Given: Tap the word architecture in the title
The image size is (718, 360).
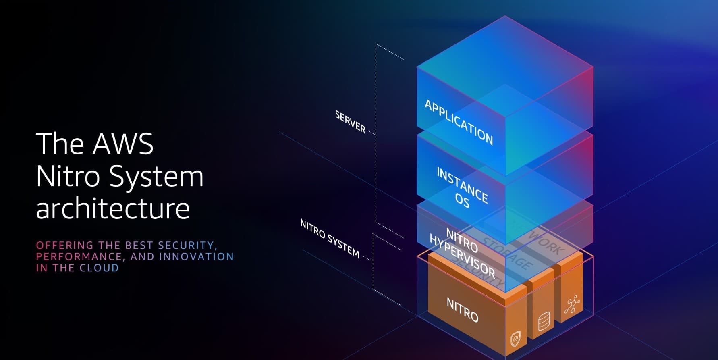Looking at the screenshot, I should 112,208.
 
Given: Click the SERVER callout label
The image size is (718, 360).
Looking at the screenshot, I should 350,122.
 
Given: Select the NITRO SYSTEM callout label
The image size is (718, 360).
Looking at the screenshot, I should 330,238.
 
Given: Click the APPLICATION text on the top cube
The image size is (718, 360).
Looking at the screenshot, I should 459,122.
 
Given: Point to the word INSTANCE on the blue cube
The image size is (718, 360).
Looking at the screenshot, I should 463,185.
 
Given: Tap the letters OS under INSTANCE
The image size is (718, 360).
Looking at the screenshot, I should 462,200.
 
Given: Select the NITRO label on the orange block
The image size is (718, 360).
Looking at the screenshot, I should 463,310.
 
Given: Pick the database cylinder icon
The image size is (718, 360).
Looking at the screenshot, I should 544,321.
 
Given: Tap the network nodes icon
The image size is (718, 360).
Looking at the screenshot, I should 572,304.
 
